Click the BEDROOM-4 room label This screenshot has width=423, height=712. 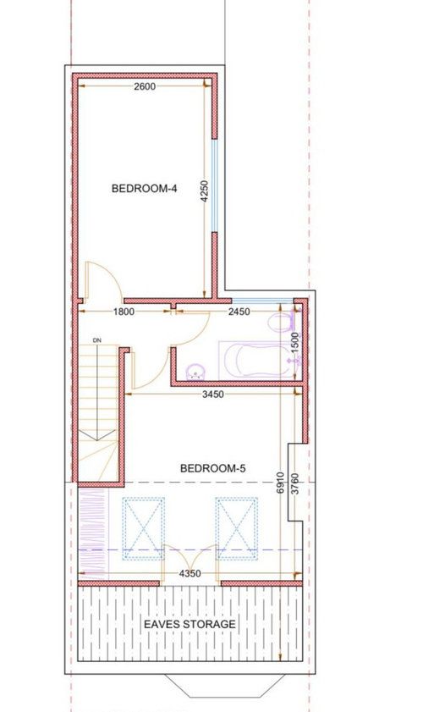[x=144, y=188]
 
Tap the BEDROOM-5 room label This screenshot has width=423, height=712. [x=213, y=468]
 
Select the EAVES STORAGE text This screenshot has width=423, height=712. [x=190, y=624]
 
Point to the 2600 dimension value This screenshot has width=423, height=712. [x=145, y=86]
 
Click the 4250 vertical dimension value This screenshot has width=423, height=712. [x=204, y=191]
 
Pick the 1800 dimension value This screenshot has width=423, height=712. [x=124, y=312]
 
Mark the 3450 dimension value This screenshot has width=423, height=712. [x=213, y=395]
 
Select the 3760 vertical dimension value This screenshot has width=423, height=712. [x=294, y=484]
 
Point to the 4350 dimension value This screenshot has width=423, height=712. [x=190, y=573]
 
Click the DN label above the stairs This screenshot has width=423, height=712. [x=96, y=340]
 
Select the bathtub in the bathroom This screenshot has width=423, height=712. [x=256, y=360]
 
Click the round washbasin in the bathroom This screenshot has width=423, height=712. [x=196, y=372]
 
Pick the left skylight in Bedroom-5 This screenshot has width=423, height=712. [x=144, y=528]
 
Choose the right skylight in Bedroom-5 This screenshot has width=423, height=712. [x=237, y=528]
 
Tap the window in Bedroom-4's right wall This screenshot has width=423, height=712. [x=214, y=185]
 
